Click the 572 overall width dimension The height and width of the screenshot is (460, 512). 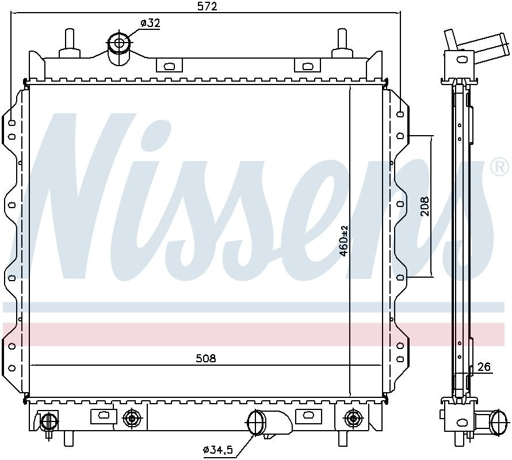point(206,6)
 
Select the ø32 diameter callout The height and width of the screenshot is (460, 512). point(150,24)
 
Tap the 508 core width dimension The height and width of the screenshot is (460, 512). point(205,358)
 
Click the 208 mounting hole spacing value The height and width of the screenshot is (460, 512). point(425,206)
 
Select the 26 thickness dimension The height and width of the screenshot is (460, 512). point(484,367)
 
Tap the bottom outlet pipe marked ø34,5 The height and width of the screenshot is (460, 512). point(257,424)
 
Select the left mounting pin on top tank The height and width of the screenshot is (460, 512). point(70,41)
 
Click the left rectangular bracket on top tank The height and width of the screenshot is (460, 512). point(169,65)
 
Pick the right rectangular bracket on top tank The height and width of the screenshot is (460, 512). point(307,65)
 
